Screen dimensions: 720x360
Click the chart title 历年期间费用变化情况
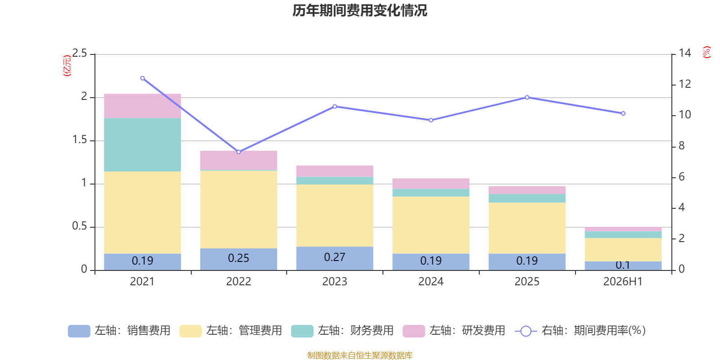360,11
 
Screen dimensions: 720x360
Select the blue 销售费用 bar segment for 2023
335,258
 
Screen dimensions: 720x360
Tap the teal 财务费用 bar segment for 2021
142,144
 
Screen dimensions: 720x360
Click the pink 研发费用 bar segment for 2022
238,160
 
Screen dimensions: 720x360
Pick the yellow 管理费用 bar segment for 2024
431,225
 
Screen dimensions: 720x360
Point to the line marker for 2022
238,152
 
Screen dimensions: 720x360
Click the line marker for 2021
143,78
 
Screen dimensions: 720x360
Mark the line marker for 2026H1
623,113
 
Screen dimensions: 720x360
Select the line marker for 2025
527,97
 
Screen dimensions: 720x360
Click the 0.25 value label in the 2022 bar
238,258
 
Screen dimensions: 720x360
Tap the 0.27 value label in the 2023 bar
335,257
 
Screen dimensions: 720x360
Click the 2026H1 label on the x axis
623,282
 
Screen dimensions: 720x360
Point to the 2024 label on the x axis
431,282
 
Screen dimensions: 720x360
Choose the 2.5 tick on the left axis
80,53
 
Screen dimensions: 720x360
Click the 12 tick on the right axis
685,84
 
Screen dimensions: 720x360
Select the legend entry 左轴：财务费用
342,331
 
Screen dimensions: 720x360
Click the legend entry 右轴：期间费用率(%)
580,331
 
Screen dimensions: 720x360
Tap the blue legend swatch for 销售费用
79,331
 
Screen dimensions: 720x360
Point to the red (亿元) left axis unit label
67,66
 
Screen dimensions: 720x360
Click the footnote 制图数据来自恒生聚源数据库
360,355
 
